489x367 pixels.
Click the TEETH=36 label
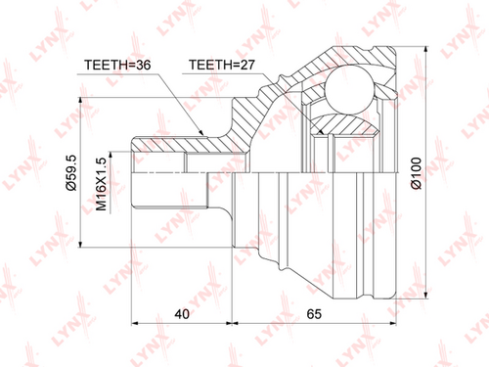tap(117, 65)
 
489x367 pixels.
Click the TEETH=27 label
tap(222, 65)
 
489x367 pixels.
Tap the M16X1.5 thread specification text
tap(102, 184)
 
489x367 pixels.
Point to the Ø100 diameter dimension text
tap(417, 173)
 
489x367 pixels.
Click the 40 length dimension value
tap(182, 314)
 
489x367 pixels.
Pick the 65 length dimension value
tap(314, 314)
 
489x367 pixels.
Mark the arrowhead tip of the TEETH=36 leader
tap(203, 135)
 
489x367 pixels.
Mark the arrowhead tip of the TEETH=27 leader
tap(324, 134)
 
